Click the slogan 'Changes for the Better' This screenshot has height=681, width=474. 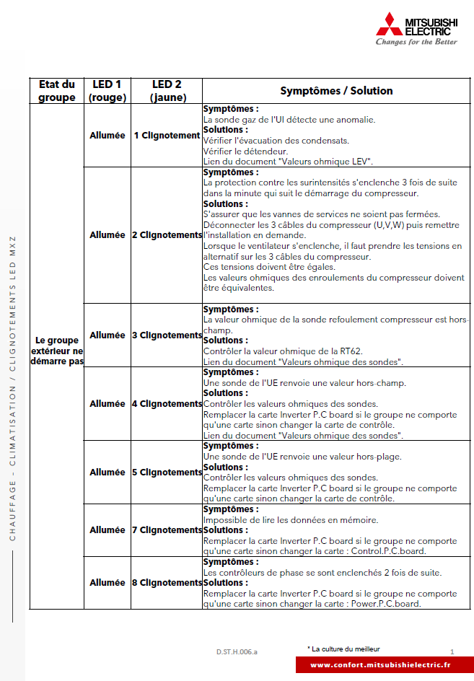[x=416, y=42]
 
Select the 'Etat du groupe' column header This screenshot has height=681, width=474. [x=56, y=91]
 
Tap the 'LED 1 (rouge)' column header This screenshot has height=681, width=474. [x=107, y=91]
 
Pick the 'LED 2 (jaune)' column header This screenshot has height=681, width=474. [x=167, y=91]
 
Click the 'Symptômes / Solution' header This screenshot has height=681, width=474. [x=336, y=91]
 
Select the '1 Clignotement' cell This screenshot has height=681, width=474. [x=167, y=136]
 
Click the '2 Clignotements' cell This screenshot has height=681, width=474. [x=167, y=235]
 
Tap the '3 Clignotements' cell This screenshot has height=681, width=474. [x=167, y=335]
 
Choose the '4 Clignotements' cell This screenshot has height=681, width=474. [x=167, y=404]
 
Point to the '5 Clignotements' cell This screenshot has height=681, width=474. [x=167, y=473]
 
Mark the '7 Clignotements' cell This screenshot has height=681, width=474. [x=167, y=530]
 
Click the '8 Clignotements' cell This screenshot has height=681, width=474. [x=167, y=583]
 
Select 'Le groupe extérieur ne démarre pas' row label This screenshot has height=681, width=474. [x=57, y=351]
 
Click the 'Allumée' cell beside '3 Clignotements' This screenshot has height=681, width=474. [x=107, y=335]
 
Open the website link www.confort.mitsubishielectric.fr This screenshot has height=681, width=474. [x=381, y=665]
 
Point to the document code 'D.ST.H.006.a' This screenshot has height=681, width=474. [x=237, y=652]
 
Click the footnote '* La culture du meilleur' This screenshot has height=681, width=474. [x=343, y=649]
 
